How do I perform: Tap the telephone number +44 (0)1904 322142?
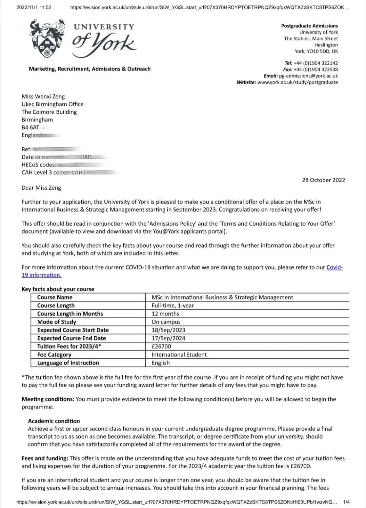coord(316,63)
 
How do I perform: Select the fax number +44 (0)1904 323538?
coord(316,70)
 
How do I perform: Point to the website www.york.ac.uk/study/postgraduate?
coord(297,82)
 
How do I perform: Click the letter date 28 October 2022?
coord(323,180)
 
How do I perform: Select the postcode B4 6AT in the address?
coord(30,128)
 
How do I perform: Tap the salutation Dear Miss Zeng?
coord(41,188)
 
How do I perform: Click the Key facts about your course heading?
coord(58,289)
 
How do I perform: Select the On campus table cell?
coord(166,322)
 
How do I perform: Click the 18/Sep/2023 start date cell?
coord(168,330)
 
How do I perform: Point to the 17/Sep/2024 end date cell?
coord(168,338)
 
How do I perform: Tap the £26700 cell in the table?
coord(161,346)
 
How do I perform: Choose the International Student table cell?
coord(179,355)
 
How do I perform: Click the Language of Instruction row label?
coord(68,363)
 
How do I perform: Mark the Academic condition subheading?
coord(54,421)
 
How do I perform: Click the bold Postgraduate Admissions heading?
coord(309,26)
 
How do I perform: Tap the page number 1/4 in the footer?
coord(346,502)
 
